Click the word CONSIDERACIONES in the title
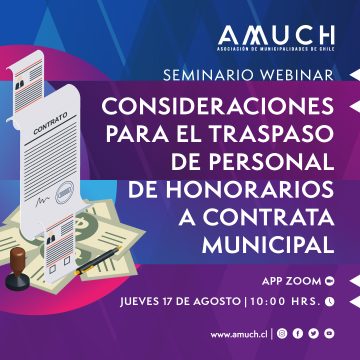[x=238, y=105]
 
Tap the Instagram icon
[x=282, y=333]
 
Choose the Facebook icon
[x=298, y=333]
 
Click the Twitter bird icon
[x=313, y=333]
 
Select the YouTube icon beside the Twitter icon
[x=329, y=333]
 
